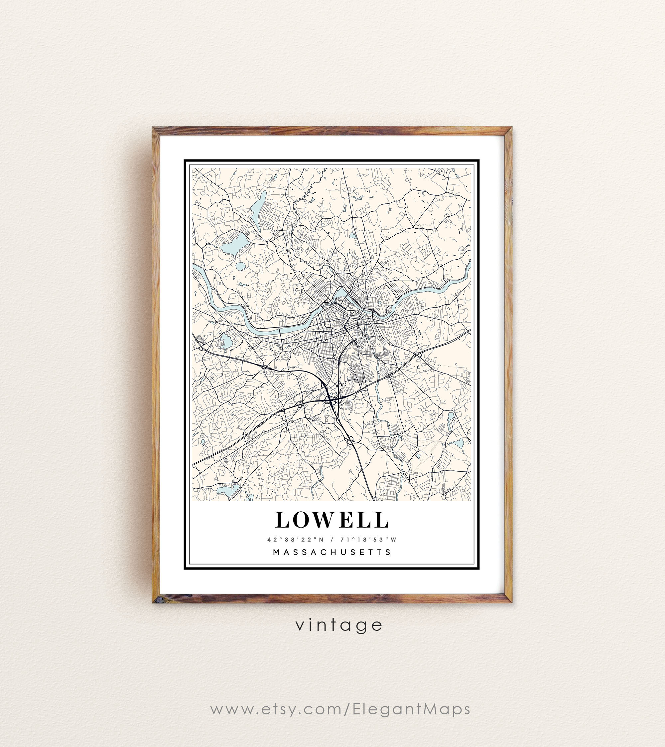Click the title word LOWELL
(x=332, y=520)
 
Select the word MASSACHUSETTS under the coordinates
(x=332, y=552)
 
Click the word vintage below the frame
(x=339, y=625)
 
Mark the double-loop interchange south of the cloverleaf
(x=350, y=440)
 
